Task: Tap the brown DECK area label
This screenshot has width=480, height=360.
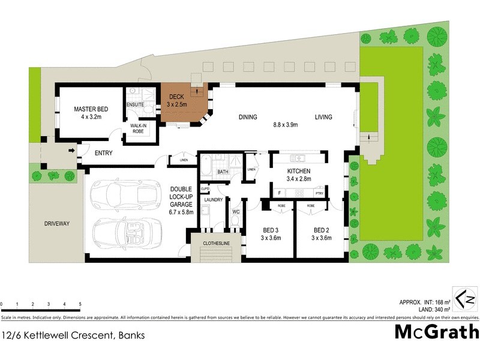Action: coord(176,97)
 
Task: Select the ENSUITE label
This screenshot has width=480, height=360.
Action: coord(135,105)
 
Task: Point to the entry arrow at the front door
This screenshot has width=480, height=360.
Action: coord(72,151)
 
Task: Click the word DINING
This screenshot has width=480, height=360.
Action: coord(247,117)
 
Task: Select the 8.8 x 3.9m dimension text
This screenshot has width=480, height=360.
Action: coord(286,125)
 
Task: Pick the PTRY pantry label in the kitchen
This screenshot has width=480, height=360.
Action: coord(319,193)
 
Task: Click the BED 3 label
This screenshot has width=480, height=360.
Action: coord(270,230)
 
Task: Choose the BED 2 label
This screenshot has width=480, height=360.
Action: coord(322,230)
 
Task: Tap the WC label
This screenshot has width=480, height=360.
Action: coord(235,211)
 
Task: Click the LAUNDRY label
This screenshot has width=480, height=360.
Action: coord(213,200)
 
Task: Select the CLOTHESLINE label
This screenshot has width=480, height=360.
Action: coord(217,242)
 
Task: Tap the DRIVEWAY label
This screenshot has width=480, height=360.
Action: coord(57,224)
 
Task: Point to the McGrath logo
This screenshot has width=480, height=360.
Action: coord(436,332)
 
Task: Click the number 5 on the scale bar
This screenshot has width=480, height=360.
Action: coord(80,305)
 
